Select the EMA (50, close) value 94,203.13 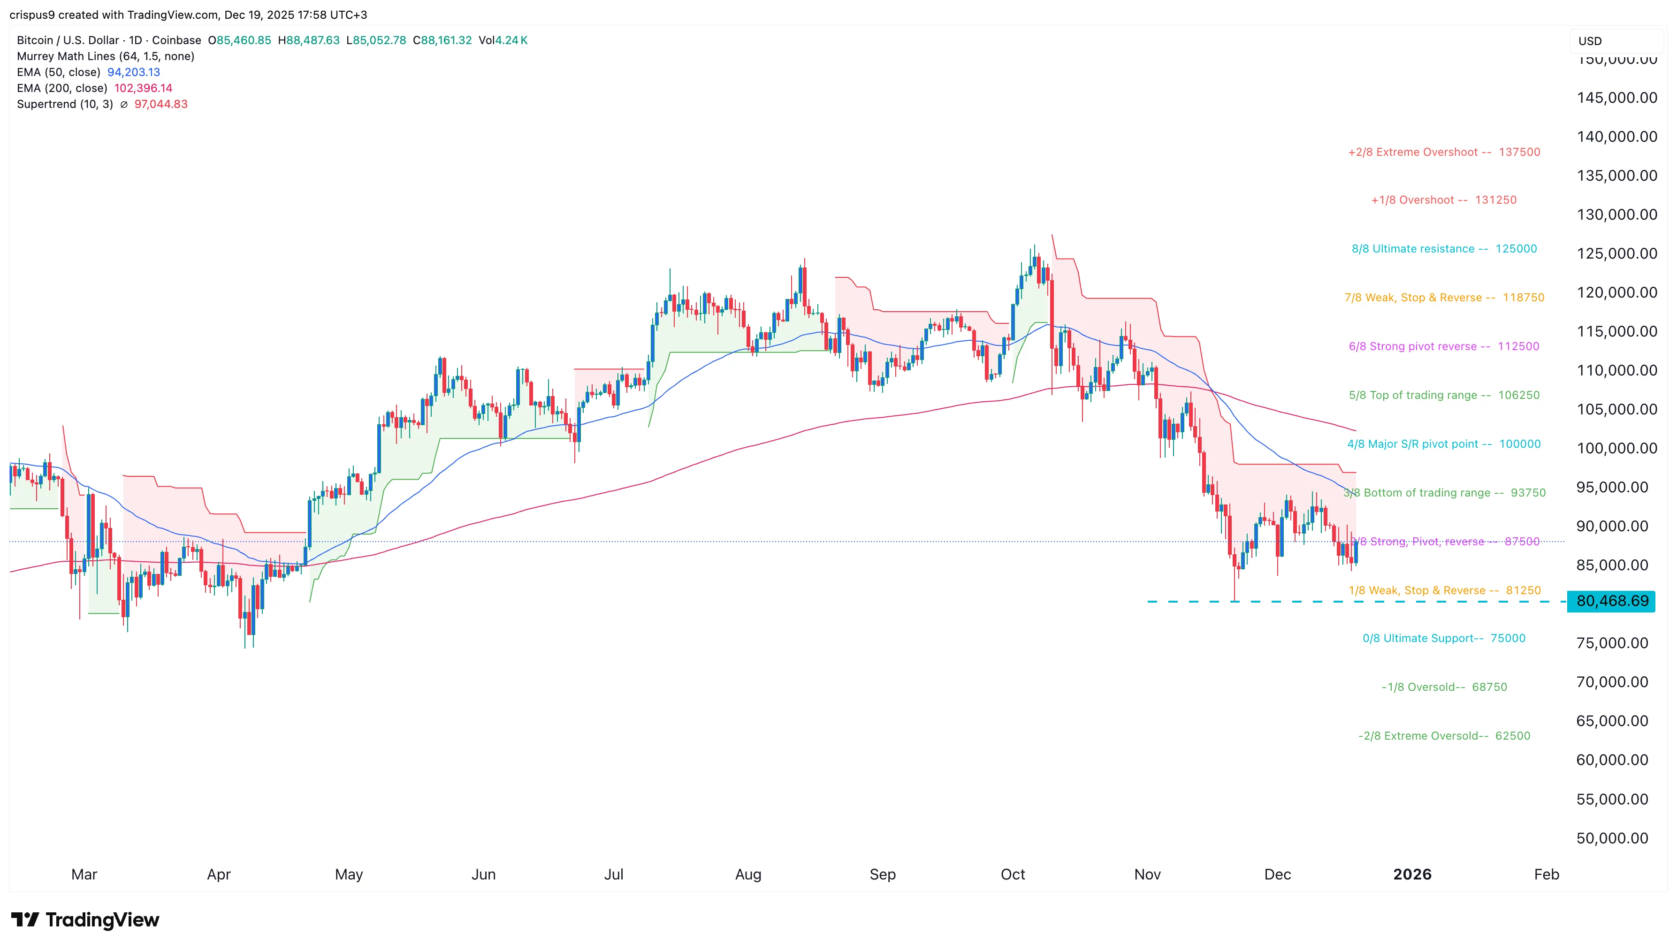pyautogui.click(x=133, y=72)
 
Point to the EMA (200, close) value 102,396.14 pyautogui.click(x=143, y=88)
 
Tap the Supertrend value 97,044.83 pyautogui.click(x=161, y=104)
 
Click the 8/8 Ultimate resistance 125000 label pyautogui.click(x=1444, y=249)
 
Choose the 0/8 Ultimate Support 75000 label pyautogui.click(x=1443, y=638)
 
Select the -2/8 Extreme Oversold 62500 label pyautogui.click(x=1443, y=736)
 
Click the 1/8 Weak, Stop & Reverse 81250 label pyautogui.click(x=1444, y=590)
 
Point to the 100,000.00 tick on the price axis pyautogui.click(x=1616, y=448)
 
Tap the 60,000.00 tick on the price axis pyautogui.click(x=1612, y=760)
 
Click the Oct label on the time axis pyautogui.click(x=1012, y=874)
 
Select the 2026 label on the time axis pyautogui.click(x=1412, y=874)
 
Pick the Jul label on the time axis pyautogui.click(x=613, y=874)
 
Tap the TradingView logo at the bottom pyautogui.click(x=85, y=919)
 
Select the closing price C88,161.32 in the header pyautogui.click(x=442, y=40)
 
